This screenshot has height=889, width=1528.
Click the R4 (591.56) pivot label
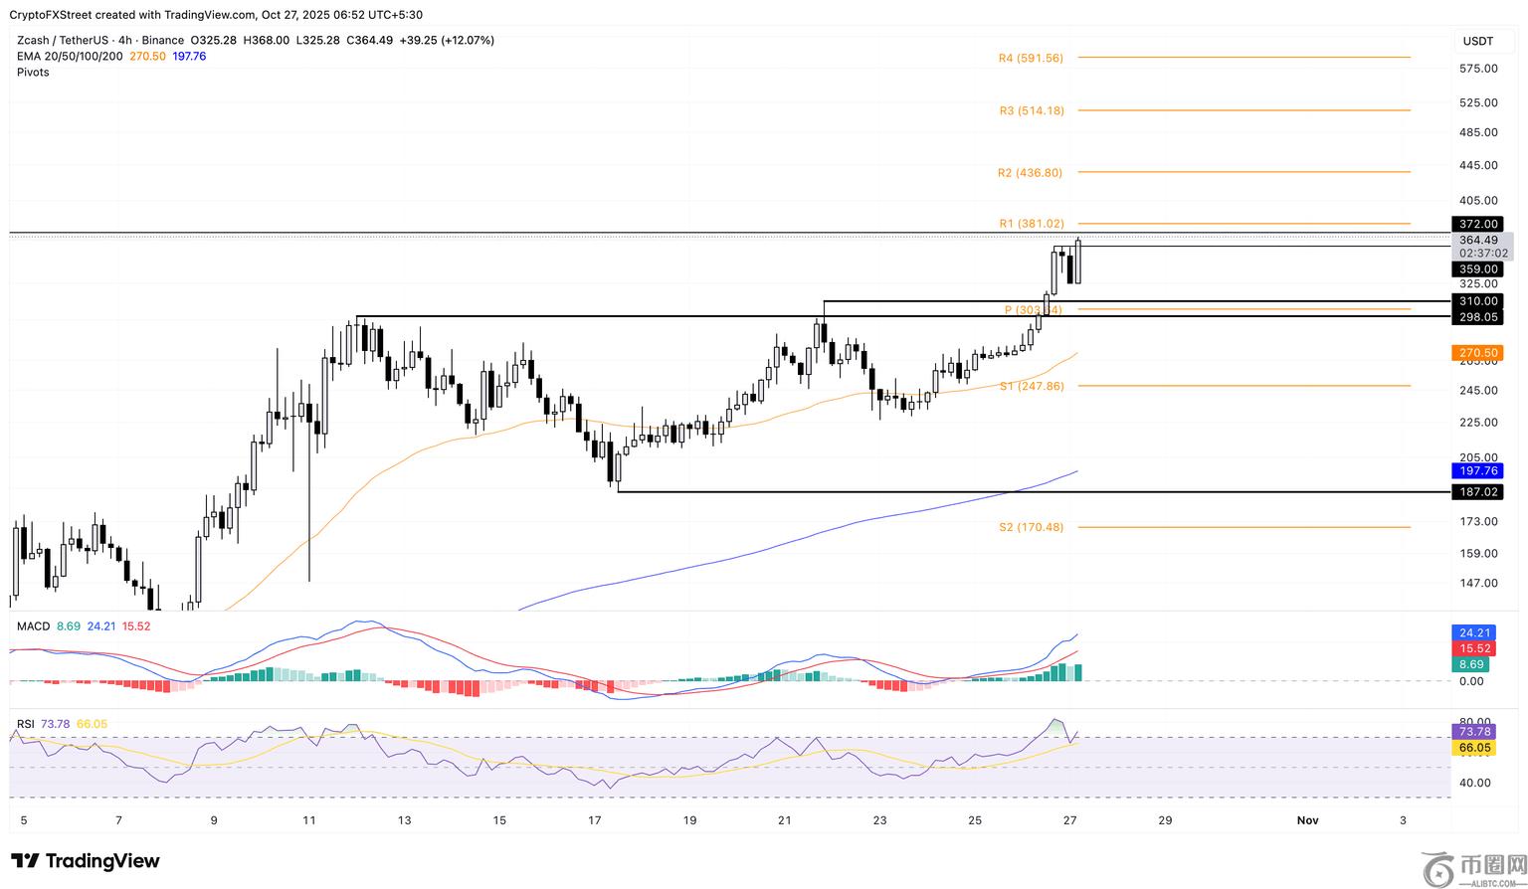pos(1031,59)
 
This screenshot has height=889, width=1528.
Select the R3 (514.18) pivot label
pos(1032,111)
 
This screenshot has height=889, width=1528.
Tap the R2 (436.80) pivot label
pos(1030,173)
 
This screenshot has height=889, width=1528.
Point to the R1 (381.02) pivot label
pos(1032,225)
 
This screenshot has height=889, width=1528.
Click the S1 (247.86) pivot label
pos(1032,386)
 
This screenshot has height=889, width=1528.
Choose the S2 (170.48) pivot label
pos(1031,528)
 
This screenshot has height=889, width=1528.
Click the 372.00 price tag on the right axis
pos(1478,225)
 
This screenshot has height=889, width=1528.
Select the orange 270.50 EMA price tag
pos(1478,353)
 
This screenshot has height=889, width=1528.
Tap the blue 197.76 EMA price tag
pos(1478,471)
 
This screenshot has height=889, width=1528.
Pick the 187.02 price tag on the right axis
pos(1478,492)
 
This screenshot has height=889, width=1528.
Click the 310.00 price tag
pos(1478,301)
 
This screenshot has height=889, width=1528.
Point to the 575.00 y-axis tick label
pos(1478,69)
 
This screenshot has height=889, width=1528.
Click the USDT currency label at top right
pos(1478,41)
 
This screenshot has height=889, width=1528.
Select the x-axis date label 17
pos(595,820)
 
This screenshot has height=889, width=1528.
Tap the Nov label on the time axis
pos(1307,820)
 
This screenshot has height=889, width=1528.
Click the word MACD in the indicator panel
pos(33,626)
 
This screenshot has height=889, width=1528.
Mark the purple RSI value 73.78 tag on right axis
pos(1474,732)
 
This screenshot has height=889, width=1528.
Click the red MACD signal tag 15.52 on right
pos(1474,648)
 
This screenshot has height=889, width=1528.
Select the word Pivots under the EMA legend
pos(33,73)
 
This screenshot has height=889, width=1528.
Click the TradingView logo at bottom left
pos(86,861)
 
